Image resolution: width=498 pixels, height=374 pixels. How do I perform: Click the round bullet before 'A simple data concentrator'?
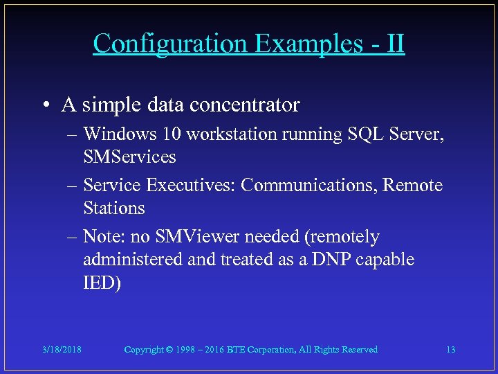(x=45, y=105)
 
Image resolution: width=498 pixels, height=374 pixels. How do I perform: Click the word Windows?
(x=114, y=134)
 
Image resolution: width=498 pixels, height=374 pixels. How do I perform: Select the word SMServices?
(x=129, y=157)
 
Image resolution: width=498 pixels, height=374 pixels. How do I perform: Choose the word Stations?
(x=114, y=208)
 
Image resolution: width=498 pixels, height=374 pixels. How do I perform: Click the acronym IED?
(x=100, y=283)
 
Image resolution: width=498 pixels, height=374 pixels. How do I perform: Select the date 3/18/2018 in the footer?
(x=61, y=350)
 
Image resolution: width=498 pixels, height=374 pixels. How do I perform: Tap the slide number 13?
(x=450, y=350)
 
